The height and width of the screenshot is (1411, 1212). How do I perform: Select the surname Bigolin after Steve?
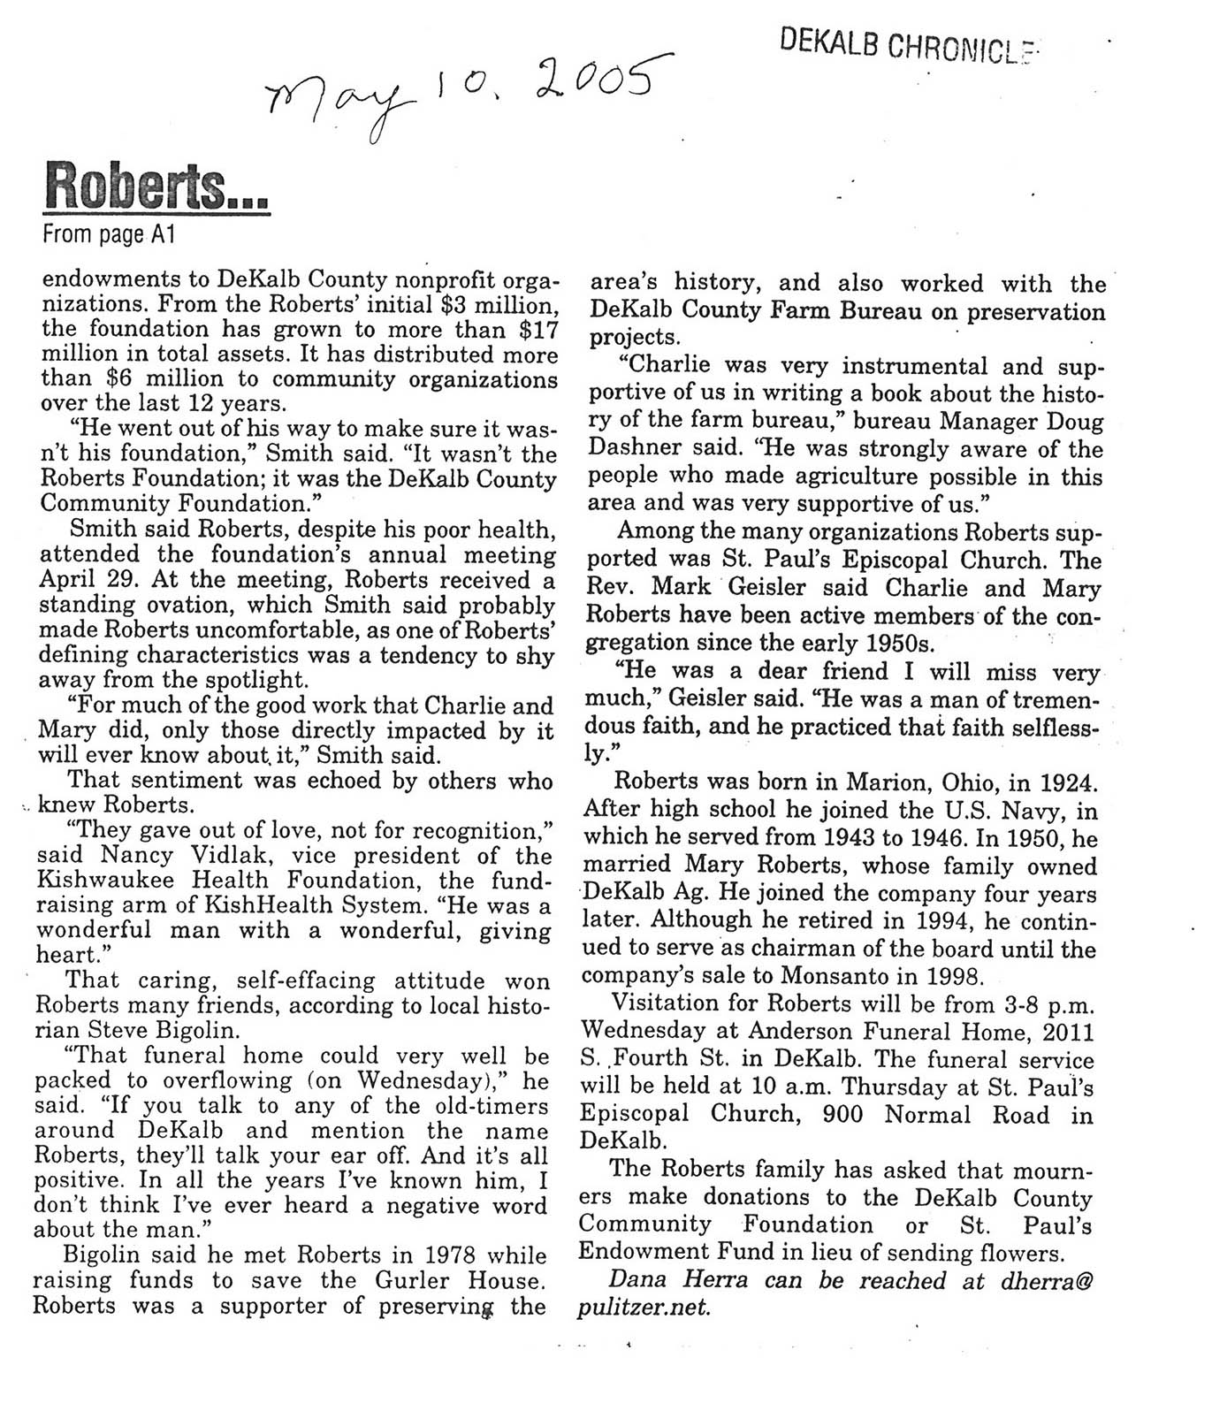point(197,1031)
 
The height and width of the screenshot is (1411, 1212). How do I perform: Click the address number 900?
point(842,1115)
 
